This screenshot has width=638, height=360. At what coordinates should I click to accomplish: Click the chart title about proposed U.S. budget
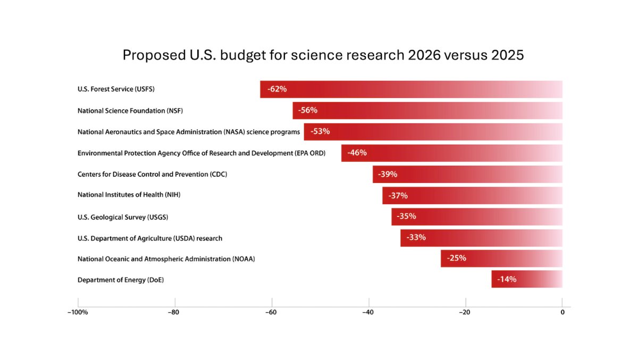(323, 55)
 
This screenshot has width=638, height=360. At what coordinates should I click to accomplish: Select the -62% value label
(277, 89)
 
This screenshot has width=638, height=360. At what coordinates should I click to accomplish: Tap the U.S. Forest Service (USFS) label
(116, 89)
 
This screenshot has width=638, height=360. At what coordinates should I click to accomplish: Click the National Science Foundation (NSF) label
(130, 111)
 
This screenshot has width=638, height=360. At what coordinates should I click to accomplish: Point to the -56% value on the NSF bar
(308, 111)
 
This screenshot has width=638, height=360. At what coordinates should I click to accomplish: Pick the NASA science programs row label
(189, 132)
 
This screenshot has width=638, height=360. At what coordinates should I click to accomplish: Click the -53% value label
(320, 131)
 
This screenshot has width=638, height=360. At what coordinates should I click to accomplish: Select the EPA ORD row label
(202, 153)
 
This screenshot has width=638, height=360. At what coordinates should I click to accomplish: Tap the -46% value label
(357, 153)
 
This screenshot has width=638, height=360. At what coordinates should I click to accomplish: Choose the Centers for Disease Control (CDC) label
(153, 174)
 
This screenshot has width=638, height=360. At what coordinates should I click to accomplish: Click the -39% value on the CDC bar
(388, 174)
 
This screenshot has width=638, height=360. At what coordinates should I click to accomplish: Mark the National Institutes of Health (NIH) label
(129, 195)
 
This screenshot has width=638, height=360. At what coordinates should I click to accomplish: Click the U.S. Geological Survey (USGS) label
(123, 217)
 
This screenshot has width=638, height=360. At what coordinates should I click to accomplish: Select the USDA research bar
(481, 238)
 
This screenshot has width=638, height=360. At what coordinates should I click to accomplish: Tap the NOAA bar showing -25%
(501, 258)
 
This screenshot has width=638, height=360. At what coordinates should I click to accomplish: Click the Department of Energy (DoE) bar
(526, 279)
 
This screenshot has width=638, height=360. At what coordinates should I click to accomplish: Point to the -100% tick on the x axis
(78, 312)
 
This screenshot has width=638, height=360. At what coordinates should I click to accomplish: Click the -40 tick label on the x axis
(368, 312)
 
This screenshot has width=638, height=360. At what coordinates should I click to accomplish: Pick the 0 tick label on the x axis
(562, 312)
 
